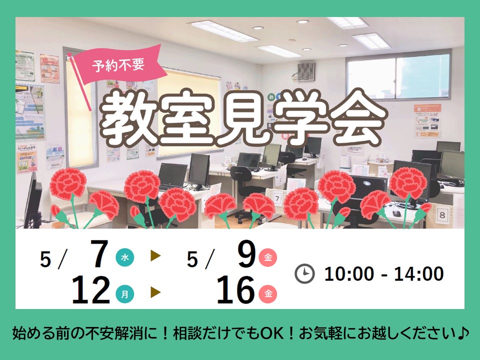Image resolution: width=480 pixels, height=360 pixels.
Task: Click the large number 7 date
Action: pos(99,253)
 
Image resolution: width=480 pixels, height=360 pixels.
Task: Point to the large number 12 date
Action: pos(91,289)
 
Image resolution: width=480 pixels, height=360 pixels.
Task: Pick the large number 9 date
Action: pos(246,253)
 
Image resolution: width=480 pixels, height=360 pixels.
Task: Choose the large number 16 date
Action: pos(235,289)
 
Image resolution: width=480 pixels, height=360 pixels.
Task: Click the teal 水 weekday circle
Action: pos(125,257)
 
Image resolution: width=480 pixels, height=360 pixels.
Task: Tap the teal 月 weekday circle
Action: pos(125,294)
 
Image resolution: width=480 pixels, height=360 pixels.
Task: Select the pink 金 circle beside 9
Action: pos(268,257)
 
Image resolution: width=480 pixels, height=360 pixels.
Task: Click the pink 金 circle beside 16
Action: pos(268,294)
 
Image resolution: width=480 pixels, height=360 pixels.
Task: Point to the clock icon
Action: pos(304,273)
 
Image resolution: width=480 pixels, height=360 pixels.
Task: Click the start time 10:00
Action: pos(349,273)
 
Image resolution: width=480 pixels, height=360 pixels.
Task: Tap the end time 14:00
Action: pos(418,273)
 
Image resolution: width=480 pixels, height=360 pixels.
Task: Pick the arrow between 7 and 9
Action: pos(155,256)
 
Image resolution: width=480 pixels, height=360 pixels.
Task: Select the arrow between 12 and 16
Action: pos(155,292)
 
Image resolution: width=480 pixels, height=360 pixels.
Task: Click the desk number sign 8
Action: pos(442,215)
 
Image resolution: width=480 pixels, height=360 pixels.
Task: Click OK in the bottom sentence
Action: pos(271,333)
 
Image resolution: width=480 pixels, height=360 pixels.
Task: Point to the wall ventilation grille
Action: pos(306,72)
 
